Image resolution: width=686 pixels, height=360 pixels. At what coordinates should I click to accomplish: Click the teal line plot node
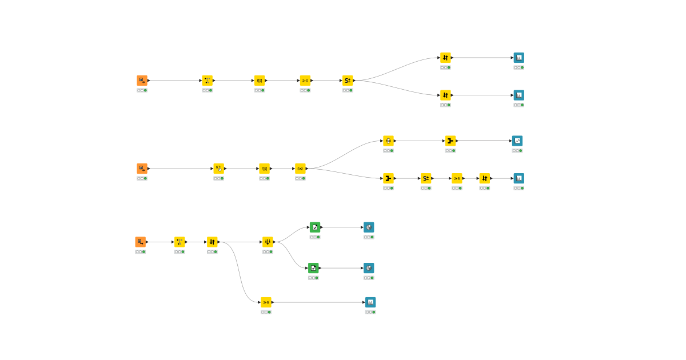517,141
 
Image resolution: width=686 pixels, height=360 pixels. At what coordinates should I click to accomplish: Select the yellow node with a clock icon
219,169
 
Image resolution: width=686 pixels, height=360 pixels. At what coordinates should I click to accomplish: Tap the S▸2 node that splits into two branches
300,169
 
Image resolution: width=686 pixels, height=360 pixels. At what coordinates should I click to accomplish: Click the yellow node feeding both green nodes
268,242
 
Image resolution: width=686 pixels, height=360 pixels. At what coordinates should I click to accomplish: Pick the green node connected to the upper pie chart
315,227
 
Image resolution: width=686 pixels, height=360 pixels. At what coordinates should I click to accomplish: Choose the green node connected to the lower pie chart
313,268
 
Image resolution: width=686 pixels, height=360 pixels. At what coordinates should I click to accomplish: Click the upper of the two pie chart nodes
369,227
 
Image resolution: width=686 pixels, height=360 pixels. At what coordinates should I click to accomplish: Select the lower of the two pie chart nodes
369,268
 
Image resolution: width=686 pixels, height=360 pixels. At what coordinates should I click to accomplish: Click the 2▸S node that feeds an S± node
305,81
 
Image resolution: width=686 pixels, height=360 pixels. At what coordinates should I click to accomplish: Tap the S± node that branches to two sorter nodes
348,81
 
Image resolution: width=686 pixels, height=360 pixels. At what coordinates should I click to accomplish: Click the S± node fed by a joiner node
426,178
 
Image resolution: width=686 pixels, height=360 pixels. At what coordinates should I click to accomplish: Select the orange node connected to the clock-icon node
142,169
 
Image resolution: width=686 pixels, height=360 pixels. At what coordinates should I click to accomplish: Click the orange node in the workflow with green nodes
141,242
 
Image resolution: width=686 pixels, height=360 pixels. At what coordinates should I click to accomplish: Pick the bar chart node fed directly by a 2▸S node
370,302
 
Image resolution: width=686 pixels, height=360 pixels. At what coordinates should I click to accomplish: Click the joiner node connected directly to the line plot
450,141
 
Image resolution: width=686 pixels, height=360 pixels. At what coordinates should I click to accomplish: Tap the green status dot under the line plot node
521,151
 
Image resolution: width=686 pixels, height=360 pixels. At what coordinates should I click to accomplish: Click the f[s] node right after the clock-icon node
264,169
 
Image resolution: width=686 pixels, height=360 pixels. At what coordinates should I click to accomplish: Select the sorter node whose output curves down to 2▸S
212,242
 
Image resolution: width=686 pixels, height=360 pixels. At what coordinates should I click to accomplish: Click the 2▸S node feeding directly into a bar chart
266,302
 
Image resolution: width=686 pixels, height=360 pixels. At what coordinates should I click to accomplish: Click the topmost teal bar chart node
519,58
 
